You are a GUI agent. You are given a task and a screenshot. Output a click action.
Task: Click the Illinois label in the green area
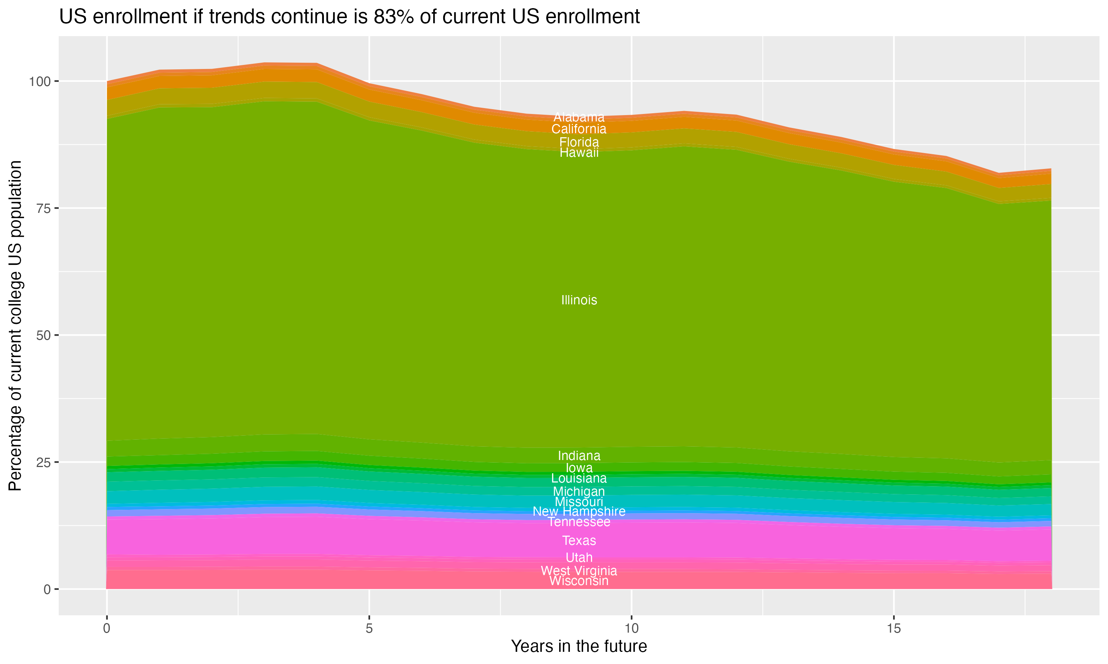[x=579, y=300]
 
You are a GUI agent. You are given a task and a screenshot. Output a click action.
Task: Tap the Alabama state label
[x=579, y=117]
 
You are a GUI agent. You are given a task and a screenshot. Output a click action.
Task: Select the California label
[x=579, y=129]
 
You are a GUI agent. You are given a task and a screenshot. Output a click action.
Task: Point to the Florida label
[x=579, y=142]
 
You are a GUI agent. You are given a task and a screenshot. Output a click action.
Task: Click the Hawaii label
[x=579, y=153]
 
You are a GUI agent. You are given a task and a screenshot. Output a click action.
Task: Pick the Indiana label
[x=579, y=456]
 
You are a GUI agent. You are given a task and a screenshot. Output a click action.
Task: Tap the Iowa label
[x=579, y=468]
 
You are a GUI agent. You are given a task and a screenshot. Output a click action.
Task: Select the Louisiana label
[x=579, y=478]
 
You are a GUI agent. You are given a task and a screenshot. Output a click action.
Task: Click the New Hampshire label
[x=579, y=511]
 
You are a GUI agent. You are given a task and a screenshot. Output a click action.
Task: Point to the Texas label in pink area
[x=579, y=540]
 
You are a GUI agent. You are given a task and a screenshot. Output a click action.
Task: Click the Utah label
[x=579, y=557]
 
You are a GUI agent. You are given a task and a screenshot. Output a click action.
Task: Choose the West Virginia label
[x=579, y=571]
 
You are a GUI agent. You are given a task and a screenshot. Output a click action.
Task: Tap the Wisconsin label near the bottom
[x=579, y=581]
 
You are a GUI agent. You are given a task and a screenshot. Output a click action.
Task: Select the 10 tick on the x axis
[x=631, y=629]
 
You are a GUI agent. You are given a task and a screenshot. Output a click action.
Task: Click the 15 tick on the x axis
[x=893, y=629]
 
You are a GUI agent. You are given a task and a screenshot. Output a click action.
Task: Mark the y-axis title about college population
[x=15, y=325]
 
